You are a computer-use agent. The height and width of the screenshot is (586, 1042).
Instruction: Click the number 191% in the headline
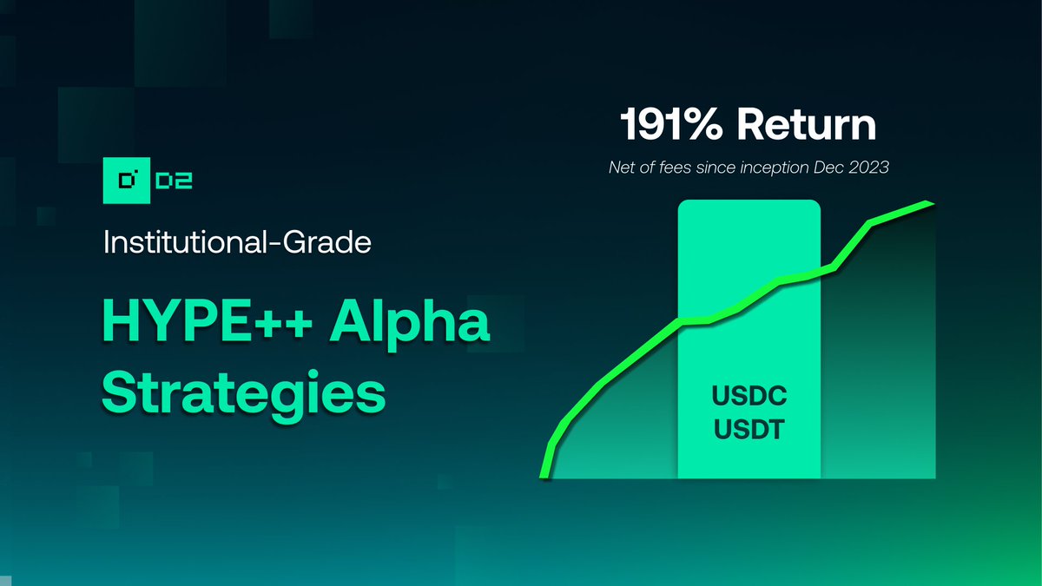pyautogui.click(x=672, y=127)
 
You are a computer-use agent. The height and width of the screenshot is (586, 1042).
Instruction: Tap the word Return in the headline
pyautogui.click(x=807, y=127)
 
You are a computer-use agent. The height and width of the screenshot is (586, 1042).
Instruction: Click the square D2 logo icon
pyautogui.click(x=128, y=181)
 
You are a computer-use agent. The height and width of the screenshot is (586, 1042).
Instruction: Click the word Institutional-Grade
pyautogui.click(x=237, y=241)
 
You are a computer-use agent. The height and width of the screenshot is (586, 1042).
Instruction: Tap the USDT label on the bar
pyautogui.click(x=749, y=429)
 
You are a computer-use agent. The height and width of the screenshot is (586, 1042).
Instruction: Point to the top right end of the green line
pyautogui.click(x=931, y=204)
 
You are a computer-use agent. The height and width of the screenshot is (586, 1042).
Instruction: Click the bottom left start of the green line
pyautogui.click(x=544, y=476)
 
